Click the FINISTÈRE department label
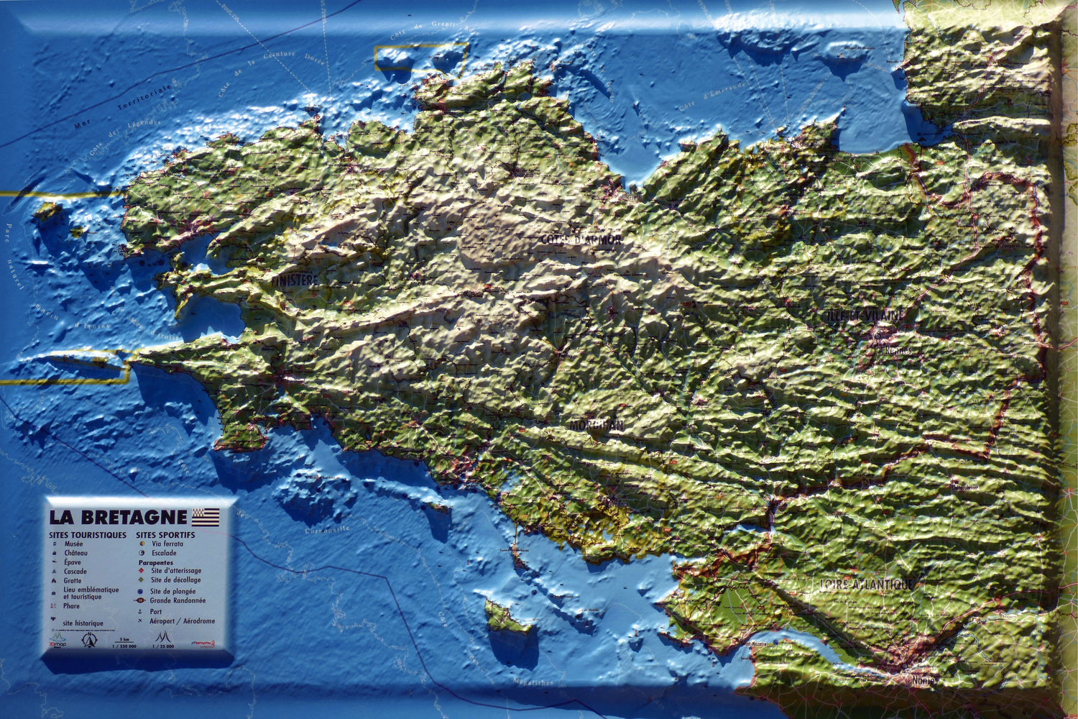295,280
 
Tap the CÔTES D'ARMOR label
581,239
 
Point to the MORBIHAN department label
596,426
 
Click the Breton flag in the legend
205,517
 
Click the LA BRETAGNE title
118,517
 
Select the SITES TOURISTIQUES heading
88,535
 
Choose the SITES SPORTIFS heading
165,535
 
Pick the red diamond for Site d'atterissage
142,571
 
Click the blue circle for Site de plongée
141,591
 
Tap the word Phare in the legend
71,606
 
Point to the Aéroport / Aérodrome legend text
182,621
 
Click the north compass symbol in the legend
89,638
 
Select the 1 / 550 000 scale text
124,646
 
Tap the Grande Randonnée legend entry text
178,600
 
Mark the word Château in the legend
75,553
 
